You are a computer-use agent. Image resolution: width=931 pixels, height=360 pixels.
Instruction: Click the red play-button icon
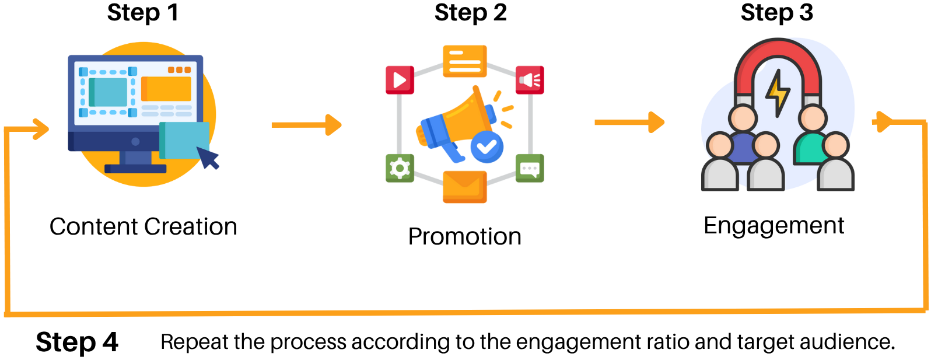pos(400,80)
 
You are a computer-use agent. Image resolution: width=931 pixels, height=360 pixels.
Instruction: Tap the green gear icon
pos(400,169)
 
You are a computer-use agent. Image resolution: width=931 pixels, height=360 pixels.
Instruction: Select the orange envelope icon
pos(465,187)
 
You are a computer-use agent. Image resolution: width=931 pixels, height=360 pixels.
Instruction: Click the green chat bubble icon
pos(530,169)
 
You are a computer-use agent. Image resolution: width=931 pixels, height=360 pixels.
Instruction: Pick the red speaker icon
pos(530,80)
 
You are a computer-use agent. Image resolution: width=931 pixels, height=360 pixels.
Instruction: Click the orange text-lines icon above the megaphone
pos(465,61)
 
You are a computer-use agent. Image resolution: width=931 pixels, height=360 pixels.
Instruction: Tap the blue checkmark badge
pos(487,146)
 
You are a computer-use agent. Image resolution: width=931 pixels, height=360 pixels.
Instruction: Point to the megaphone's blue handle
pos(452,152)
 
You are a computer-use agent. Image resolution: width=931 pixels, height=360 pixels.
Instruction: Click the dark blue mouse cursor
pos(208,158)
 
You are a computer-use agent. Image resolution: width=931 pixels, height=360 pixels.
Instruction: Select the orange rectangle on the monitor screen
pos(166,89)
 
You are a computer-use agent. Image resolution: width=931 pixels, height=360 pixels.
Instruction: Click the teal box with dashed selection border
pos(108,92)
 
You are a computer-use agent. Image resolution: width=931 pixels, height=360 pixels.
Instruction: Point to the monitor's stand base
pos(135,169)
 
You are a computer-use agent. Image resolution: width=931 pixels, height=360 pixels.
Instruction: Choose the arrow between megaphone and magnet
pos(629,123)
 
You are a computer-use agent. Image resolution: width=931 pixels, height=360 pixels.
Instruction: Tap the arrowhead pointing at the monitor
pos(41,129)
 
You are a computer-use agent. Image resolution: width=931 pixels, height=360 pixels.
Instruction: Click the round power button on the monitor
pos(135,142)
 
